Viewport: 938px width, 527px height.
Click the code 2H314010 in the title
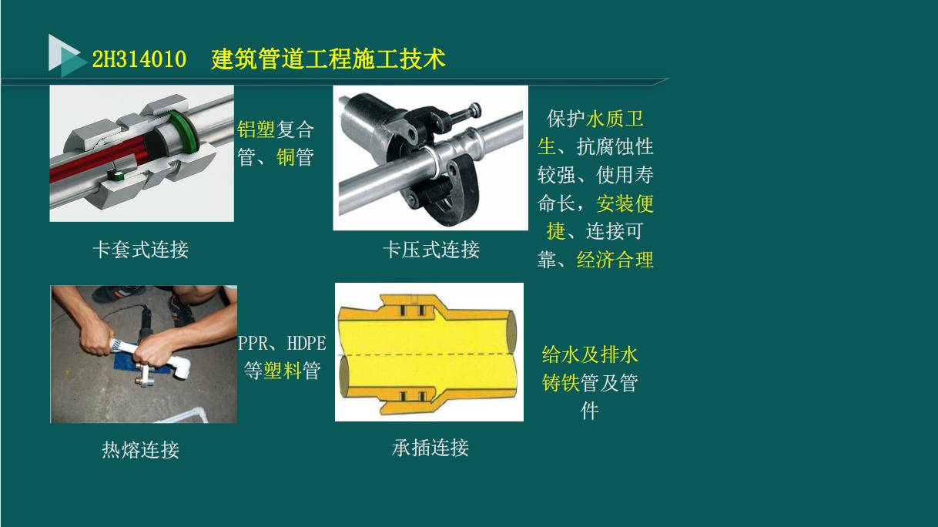[139, 59]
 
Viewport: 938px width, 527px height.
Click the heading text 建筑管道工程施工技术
[329, 59]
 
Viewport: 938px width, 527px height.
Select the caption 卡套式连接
[140, 250]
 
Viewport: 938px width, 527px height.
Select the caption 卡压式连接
[431, 250]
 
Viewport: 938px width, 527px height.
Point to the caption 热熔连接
[140, 450]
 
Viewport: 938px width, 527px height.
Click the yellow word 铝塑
[256, 129]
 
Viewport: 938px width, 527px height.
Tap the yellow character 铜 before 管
[286, 158]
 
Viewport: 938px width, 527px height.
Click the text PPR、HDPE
[282, 343]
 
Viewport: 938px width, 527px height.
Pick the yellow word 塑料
[282, 371]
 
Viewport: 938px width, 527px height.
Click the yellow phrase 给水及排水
[590, 355]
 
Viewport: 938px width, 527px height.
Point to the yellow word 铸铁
[561, 383]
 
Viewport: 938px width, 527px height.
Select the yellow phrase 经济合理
[615, 260]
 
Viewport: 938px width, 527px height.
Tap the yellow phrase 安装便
[625, 203]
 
